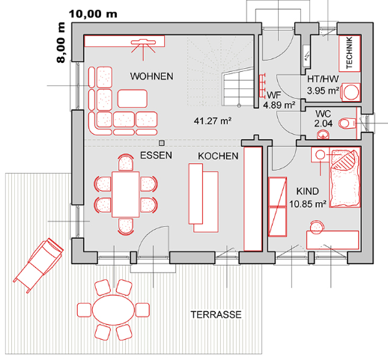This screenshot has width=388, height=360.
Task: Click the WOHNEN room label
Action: pyautogui.click(x=151, y=76)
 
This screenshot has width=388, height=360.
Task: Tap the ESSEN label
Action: pyautogui.click(x=156, y=156)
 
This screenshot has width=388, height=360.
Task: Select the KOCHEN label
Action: pyautogui.click(x=218, y=156)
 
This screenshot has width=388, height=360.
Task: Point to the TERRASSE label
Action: pyautogui.click(x=216, y=314)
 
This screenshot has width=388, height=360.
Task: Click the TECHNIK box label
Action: pyautogui.click(x=349, y=53)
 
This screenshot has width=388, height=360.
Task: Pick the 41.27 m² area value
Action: pyautogui.click(x=213, y=121)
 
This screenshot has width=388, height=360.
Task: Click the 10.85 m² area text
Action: pyautogui.click(x=308, y=204)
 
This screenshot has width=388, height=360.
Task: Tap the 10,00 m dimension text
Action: pyautogui.click(x=93, y=14)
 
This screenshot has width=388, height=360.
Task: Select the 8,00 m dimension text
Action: pyautogui.click(x=61, y=43)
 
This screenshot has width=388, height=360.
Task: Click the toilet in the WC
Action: pyautogui.click(x=347, y=123)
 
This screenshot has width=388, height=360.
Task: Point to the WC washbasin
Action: pyautogui.click(x=324, y=135)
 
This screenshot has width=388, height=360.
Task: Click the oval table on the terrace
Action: pyautogui.click(x=114, y=310)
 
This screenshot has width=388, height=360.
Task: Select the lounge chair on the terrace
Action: pyautogui.click(x=38, y=265)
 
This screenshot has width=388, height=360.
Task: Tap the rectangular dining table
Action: pyautogui.click(x=126, y=195)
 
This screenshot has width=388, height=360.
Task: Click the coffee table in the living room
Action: pyautogui.click(x=133, y=99)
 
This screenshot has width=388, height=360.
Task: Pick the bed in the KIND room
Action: pyautogui.click(x=345, y=177)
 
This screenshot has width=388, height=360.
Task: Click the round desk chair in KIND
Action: pyautogui.click(x=316, y=227)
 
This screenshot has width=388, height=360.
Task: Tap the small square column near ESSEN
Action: pyautogui.click(x=162, y=143)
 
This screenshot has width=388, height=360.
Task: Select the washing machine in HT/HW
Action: pyautogui.click(x=351, y=92)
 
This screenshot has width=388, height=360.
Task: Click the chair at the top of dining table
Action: pyautogui.click(x=126, y=162)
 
